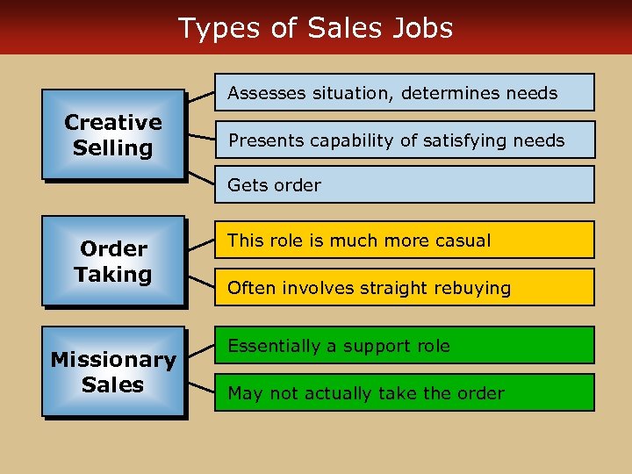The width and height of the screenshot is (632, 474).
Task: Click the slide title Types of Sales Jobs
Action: [316, 28]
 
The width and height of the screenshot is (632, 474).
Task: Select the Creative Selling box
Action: [113, 135]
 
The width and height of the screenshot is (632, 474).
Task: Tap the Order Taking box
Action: [113, 261]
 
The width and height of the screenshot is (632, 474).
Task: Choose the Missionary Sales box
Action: [113, 371]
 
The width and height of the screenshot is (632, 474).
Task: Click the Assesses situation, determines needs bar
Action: [405, 92]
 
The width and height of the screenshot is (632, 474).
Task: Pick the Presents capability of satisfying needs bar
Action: [405, 140]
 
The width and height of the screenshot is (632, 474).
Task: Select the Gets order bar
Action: [405, 185]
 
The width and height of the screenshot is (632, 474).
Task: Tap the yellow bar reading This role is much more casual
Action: [405, 241]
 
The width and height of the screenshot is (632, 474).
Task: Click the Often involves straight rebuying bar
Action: [405, 287]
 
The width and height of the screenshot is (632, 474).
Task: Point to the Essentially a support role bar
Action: [405, 346]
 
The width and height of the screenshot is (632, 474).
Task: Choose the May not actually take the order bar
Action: [405, 392]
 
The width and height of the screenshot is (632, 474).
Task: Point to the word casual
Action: [462, 241]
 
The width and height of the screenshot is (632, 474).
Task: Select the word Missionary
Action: [113, 360]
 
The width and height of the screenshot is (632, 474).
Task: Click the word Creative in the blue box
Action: [113, 123]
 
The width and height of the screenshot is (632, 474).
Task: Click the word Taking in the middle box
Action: [113, 275]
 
